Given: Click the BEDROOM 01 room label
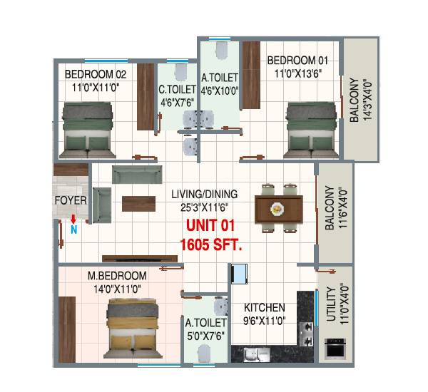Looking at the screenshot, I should [x=297, y=60].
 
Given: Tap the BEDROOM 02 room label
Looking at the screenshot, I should [x=96, y=74].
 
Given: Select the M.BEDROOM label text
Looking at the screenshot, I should [x=117, y=275].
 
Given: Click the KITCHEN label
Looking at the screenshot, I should [x=263, y=308].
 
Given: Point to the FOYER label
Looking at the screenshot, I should [x=71, y=200].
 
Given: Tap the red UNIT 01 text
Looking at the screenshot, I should [x=210, y=226].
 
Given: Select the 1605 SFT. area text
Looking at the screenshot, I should [x=211, y=244].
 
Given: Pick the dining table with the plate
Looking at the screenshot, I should [x=275, y=208].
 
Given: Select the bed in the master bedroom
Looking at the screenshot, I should [x=134, y=327].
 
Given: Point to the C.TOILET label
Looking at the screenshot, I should [x=178, y=90].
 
